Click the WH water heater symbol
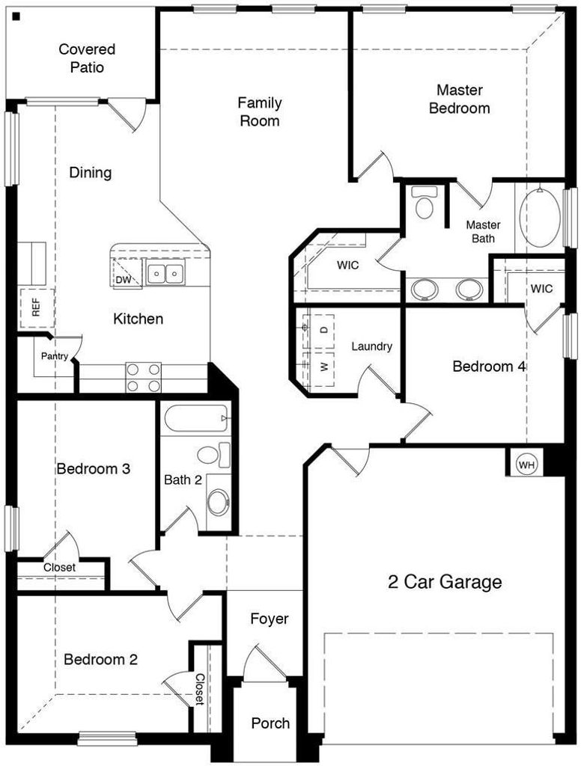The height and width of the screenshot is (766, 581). (526, 465)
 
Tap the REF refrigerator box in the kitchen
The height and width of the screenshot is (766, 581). (37, 307)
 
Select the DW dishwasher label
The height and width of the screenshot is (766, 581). (124, 280)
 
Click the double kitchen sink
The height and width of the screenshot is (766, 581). (165, 272)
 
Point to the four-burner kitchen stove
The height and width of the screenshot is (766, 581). (144, 378)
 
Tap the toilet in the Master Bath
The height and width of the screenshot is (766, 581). (424, 202)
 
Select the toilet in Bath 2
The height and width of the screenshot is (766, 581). (213, 455)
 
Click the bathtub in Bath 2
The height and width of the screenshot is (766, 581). (196, 418)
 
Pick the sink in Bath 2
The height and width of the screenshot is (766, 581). (218, 502)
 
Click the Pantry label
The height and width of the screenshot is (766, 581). (55, 356)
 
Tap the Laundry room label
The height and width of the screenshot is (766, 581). (371, 346)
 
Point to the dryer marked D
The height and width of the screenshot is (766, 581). (323, 330)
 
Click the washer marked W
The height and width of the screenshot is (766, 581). (323, 367)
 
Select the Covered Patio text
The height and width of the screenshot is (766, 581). (87, 58)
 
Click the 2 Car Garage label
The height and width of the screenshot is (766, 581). (445, 582)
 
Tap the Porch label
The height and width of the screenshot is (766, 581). (270, 723)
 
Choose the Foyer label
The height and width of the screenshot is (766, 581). (270, 619)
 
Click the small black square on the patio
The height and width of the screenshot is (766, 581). (16, 16)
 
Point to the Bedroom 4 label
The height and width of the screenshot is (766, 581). (489, 367)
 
